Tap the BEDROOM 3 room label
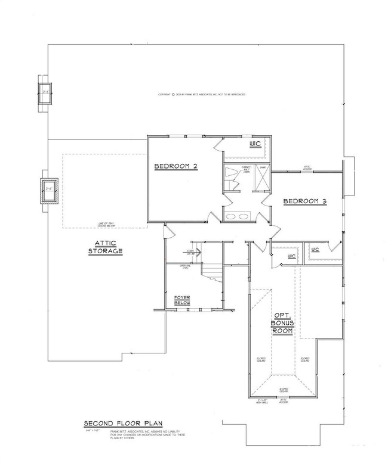click(304, 201)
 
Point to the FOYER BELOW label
click(182, 301)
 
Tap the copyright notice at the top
click(201, 95)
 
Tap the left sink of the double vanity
click(231, 216)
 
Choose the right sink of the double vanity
click(245, 216)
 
